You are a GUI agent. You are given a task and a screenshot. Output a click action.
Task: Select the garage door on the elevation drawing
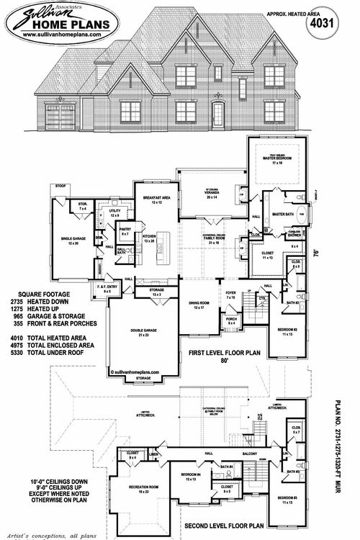point(60,117)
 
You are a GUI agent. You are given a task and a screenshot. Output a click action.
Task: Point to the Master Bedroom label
point(278,160)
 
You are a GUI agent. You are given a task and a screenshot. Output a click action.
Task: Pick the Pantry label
point(125,233)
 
